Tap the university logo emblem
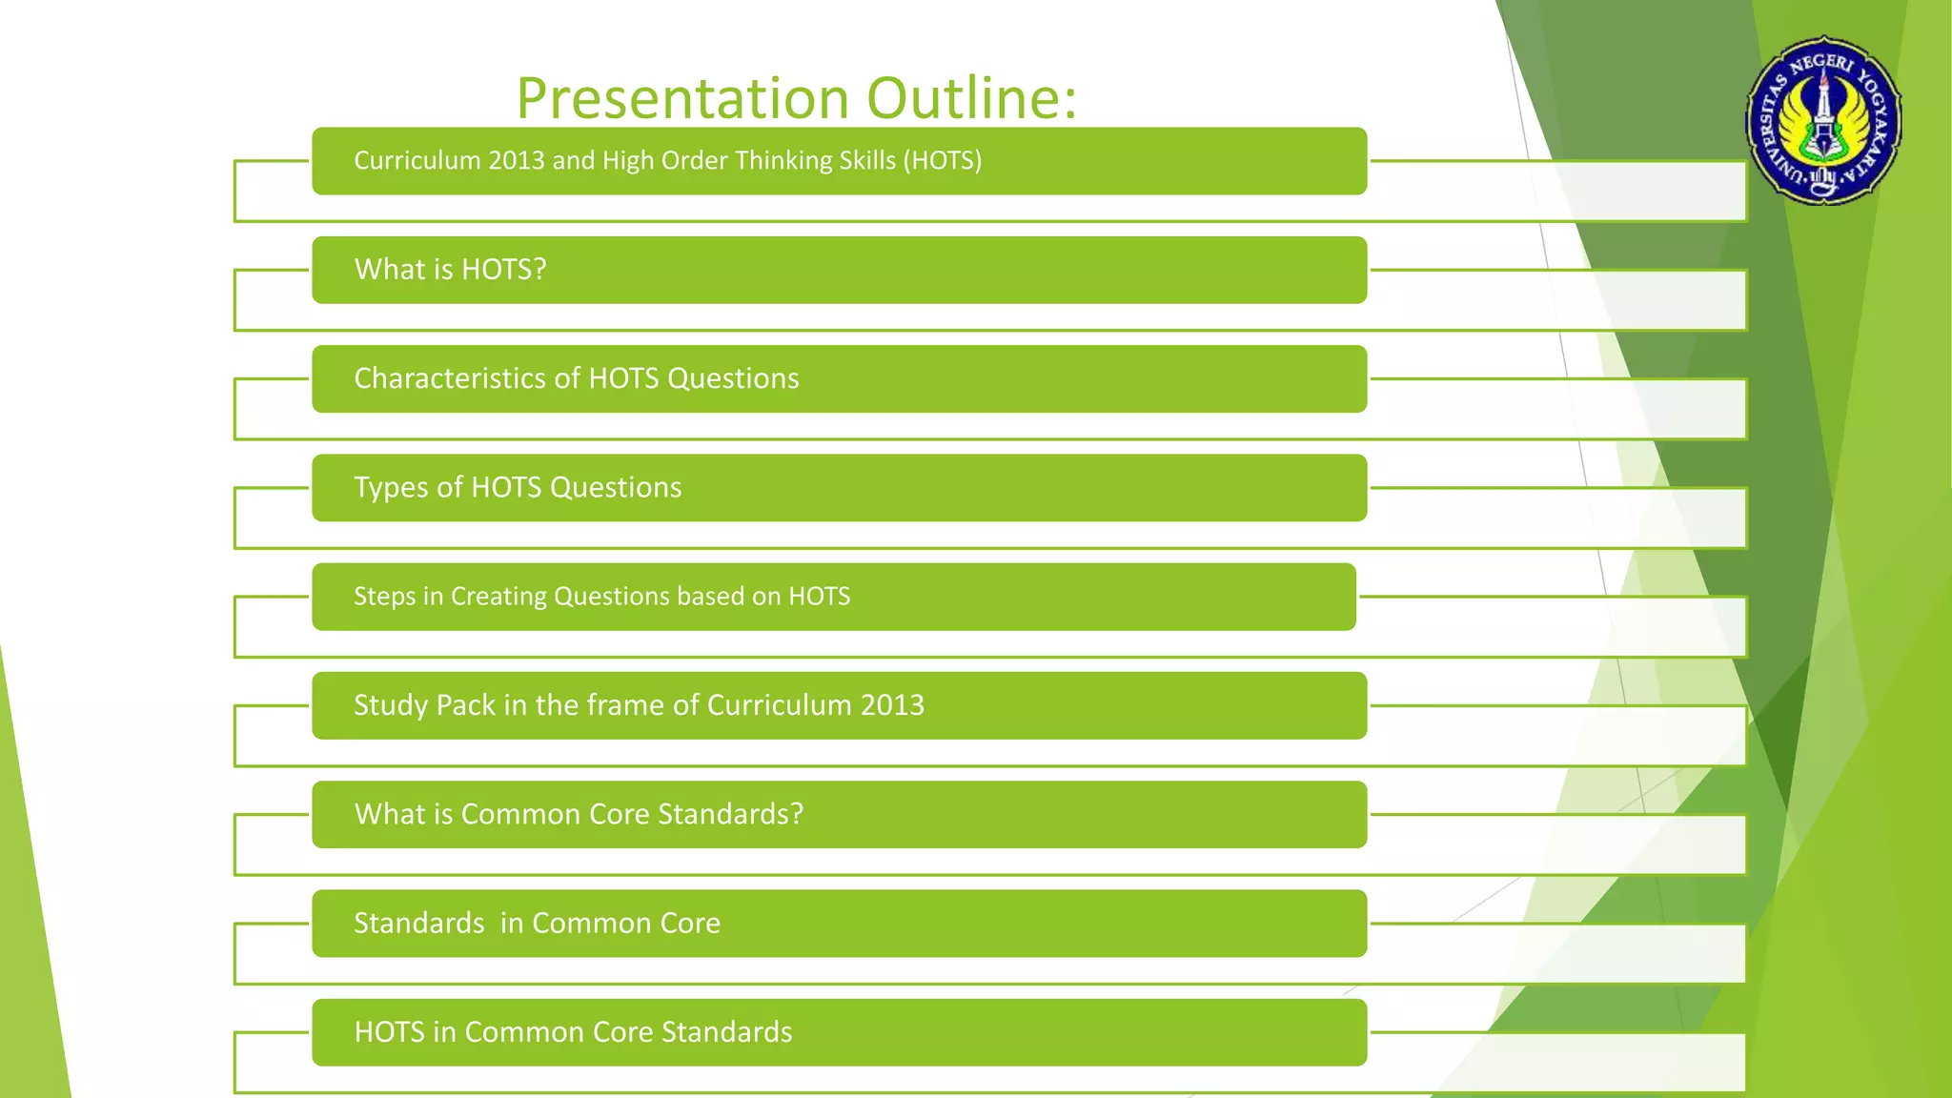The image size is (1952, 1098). click(1823, 121)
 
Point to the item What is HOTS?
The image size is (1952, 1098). click(450, 270)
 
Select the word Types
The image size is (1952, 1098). click(391, 488)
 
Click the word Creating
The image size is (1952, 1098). click(498, 597)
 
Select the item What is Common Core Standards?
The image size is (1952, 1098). click(579, 814)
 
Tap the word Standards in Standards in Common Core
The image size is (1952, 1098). click(418, 924)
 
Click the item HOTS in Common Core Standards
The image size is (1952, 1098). click(573, 1032)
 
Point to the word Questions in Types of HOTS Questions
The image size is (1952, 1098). click(616, 488)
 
